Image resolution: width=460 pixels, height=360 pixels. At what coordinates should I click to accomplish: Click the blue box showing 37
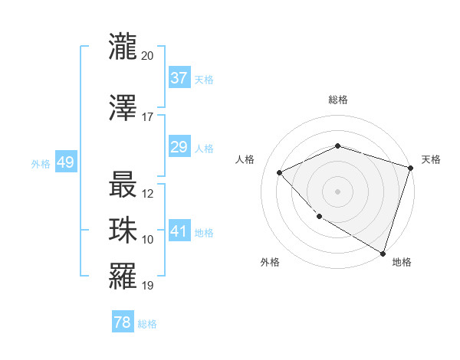pos(179,78)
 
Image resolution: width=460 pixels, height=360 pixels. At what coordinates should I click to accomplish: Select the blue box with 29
pos(179,147)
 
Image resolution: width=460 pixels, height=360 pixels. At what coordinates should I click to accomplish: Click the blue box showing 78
pos(123,322)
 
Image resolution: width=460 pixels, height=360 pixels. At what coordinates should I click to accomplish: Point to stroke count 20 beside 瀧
pos(148,56)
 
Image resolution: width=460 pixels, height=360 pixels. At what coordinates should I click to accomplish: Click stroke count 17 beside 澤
pos(148,117)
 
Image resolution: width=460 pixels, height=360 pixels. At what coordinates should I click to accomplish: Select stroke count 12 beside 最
pos(148,194)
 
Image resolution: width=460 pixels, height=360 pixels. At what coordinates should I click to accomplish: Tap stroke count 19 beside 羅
pos(148,286)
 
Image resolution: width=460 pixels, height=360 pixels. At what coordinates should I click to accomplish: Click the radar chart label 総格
pos(337,100)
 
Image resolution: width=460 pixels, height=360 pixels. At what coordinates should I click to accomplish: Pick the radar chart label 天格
pos(431,159)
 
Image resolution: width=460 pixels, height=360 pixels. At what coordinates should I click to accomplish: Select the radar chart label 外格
pos(270,262)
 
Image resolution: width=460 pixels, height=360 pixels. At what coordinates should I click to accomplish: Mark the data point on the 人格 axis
pos(280,172)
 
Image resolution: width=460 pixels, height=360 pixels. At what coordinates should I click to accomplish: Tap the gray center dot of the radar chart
pos(337,191)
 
